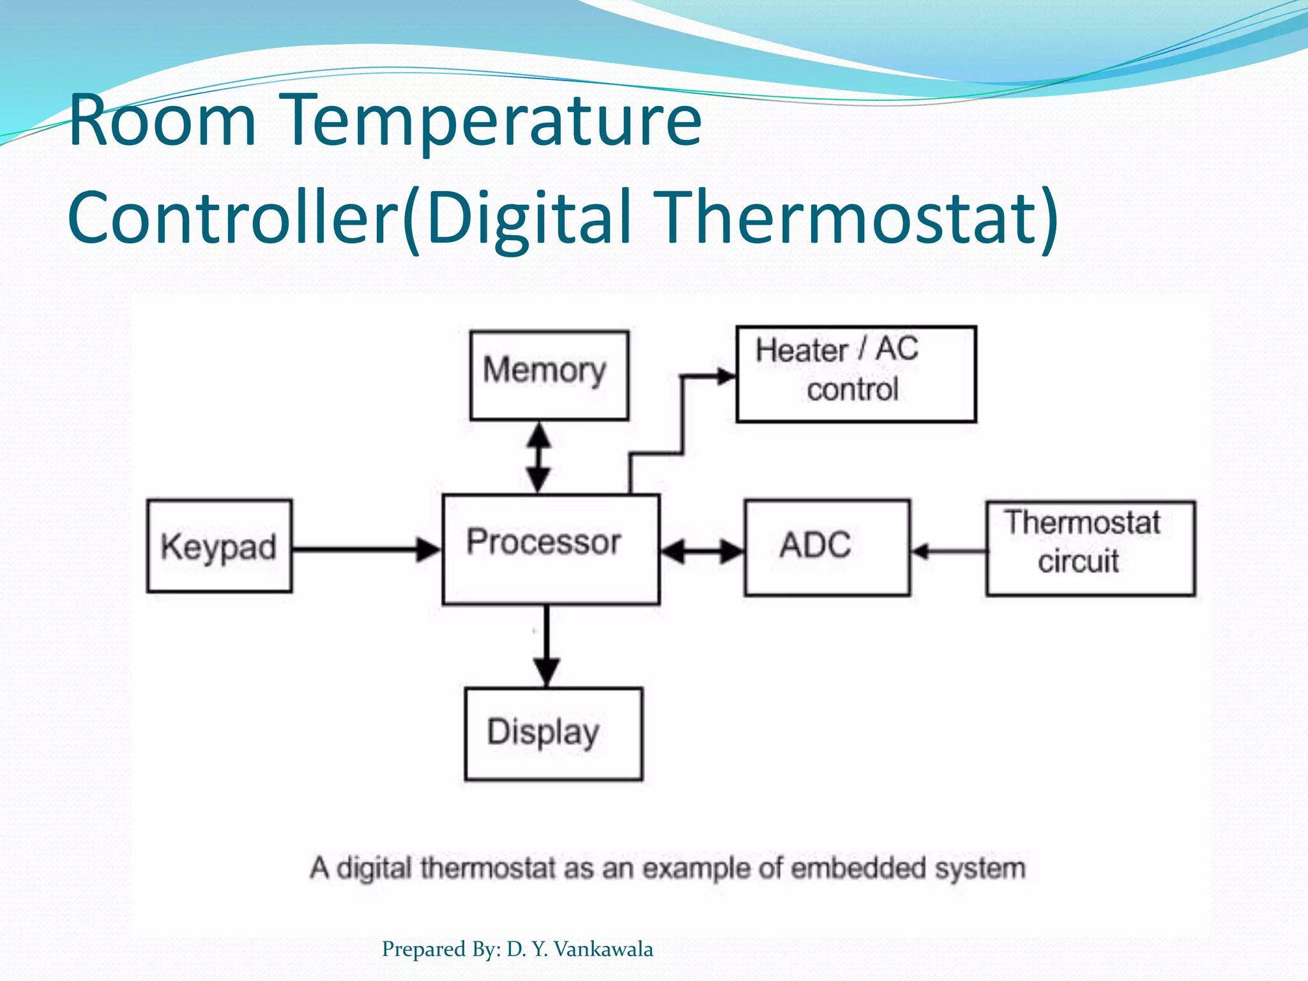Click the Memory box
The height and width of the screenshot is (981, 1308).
549,375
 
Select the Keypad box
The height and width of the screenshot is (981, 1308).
219,547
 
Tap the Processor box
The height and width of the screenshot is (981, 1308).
551,549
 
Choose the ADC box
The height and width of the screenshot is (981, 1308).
826,548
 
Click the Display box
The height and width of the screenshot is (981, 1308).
553,734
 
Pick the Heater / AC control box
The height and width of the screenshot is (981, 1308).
856,374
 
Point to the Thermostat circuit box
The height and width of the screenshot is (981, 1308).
1090,549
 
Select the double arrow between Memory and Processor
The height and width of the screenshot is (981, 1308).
539,457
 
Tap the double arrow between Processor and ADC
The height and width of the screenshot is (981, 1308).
701,551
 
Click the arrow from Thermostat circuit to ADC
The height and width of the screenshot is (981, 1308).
948,551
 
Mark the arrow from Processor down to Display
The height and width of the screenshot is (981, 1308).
547,645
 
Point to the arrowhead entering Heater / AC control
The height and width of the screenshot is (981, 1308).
725,376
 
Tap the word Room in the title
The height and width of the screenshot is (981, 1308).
162,120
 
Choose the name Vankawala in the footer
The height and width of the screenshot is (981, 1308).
603,949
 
